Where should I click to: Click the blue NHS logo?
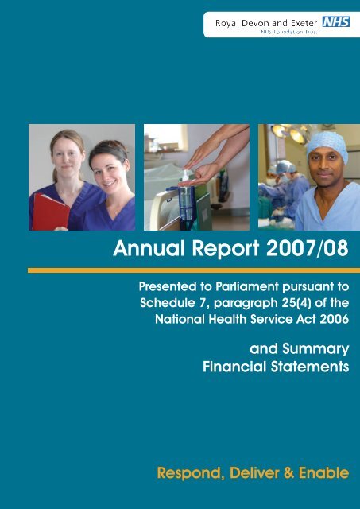click(336, 22)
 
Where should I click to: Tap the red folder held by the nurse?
click(51, 212)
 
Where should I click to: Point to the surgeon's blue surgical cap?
click(327, 146)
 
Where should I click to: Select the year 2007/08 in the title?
click(307, 248)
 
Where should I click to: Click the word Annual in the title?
click(149, 248)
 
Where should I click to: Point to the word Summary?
click(315, 349)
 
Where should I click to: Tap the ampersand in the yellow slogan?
click(288, 472)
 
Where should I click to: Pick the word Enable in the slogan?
click(324, 472)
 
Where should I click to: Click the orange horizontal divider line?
click(194, 270)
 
